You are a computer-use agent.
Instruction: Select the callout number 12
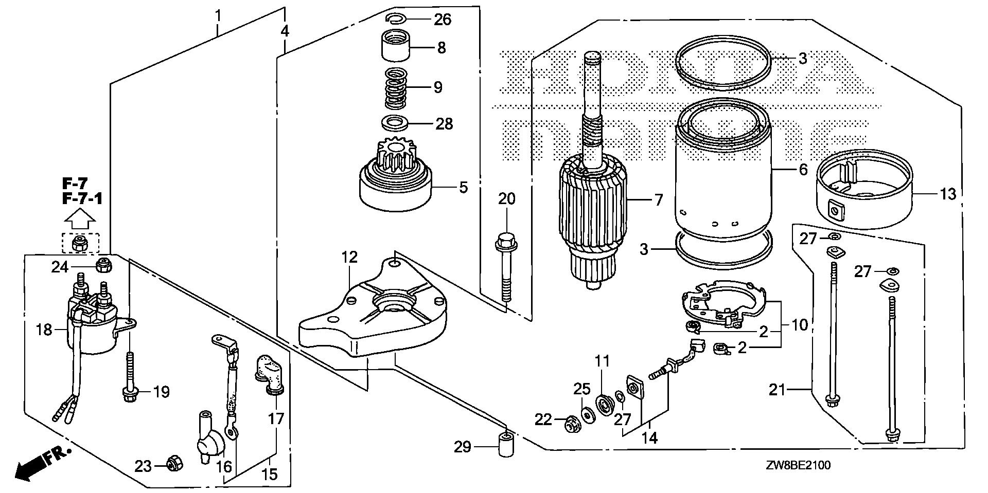(349, 258)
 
